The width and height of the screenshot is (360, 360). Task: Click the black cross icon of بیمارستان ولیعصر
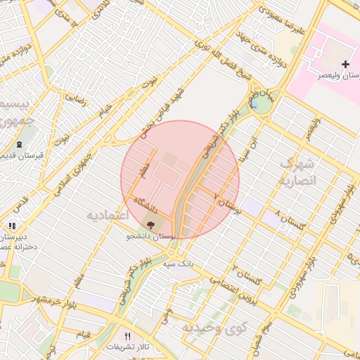click(x=345, y=65)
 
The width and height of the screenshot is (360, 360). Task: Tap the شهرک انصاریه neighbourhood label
click(x=299, y=172)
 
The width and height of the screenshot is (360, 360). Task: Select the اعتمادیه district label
click(x=106, y=214)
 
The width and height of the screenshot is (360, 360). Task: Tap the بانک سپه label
click(x=177, y=264)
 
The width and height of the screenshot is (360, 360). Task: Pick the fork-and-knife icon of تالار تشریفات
click(x=127, y=336)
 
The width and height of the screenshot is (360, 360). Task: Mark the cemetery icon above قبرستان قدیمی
click(x=18, y=145)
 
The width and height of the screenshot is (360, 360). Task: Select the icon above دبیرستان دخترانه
click(x=12, y=226)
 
